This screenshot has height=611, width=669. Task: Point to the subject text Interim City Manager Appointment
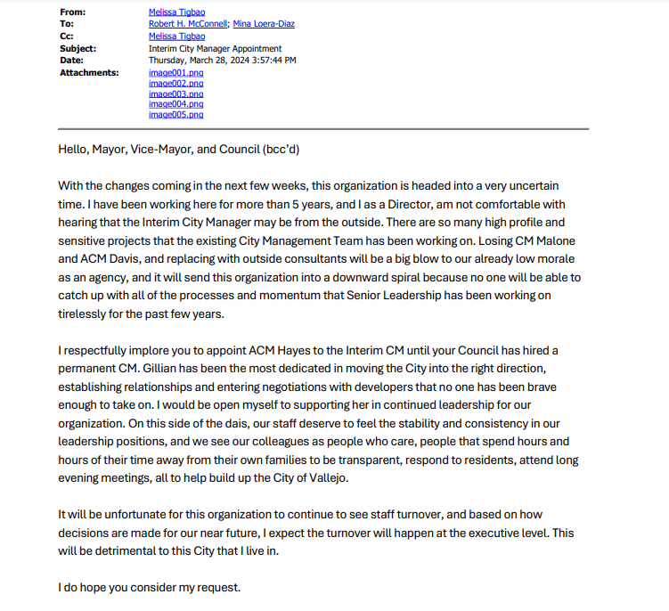pos(215,48)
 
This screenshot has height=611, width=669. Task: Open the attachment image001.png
pos(175,72)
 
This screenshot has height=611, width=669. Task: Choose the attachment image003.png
pos(175,94)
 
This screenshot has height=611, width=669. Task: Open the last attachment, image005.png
pos(175,115)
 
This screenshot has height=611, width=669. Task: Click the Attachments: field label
pos(89,72)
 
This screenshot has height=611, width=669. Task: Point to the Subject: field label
pos(78,48)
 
